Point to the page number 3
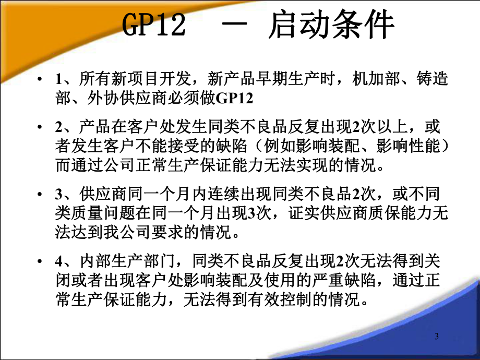(437, 336)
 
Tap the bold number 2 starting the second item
(57, 127)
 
